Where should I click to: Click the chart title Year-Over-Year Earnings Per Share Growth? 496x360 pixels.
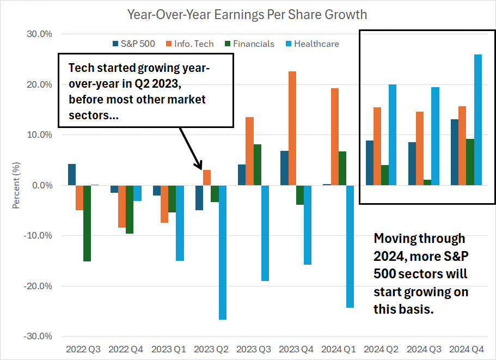[247, 14]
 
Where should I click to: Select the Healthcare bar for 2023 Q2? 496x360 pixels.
[223, 252]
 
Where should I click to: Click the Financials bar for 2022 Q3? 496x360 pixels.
[87, 223]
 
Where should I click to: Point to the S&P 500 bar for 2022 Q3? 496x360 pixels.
[72, 174]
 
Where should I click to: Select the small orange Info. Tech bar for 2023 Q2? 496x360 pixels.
[207, 178]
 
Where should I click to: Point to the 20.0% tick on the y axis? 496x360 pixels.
[40, 84]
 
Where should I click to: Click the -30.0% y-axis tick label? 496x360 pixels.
[39, 336]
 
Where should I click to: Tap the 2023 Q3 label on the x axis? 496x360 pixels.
[254, 349]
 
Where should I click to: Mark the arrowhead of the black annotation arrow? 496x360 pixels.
[199, 167]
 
